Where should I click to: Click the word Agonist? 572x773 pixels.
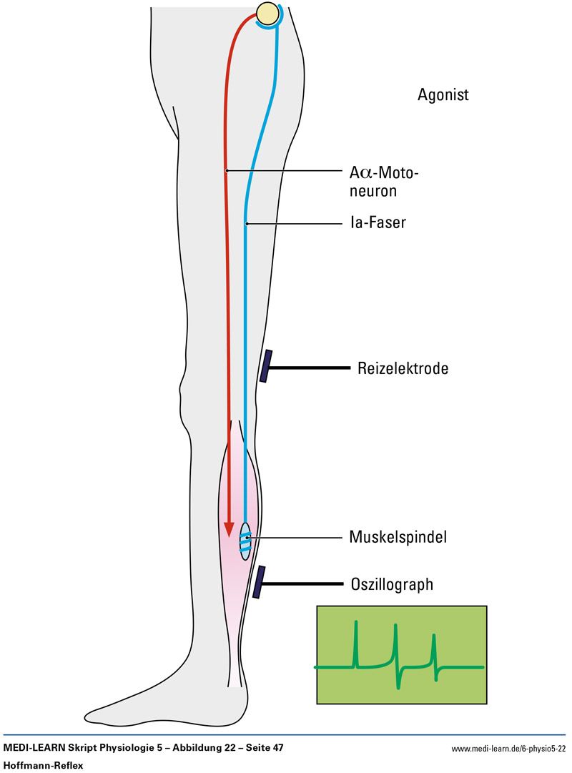point(443,94)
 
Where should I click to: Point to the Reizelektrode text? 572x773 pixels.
point(403,369)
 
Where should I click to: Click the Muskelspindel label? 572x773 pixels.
point(398,536)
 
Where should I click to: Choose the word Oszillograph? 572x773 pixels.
point(392,584)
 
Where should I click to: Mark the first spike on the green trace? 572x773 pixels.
point(355,644)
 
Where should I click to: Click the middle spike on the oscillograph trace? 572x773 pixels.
point(395,647)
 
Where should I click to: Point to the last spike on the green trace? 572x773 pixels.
point(433,651)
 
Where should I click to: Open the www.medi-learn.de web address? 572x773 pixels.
point(508,749)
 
